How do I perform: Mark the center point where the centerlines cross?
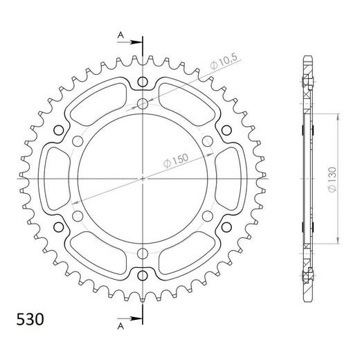(143, 178)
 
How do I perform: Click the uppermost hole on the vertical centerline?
(143, 84)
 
